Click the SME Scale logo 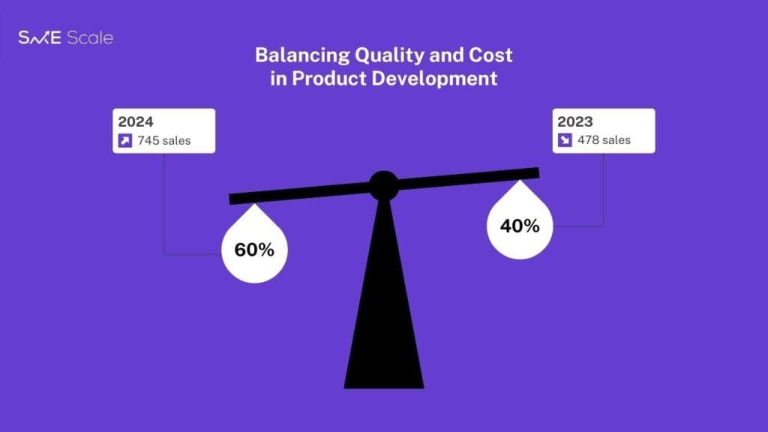coord(66,37)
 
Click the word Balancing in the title coord(302,55)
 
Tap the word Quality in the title coord(389,55)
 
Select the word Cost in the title coord(490,55)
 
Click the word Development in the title coord(434,79)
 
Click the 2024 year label coord(136,121)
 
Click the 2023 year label coord(575,121)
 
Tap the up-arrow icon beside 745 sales coord(125,140)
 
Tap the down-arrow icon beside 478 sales coord(565,140)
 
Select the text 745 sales coord(164,140)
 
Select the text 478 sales coord(604,140)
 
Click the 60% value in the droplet coord(254,250)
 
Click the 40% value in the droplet coord(520,226)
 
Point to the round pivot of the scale coord(383,186)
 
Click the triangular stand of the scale coord(384,304)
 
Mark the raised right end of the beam coord(538,172)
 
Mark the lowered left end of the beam coord(229,199)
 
